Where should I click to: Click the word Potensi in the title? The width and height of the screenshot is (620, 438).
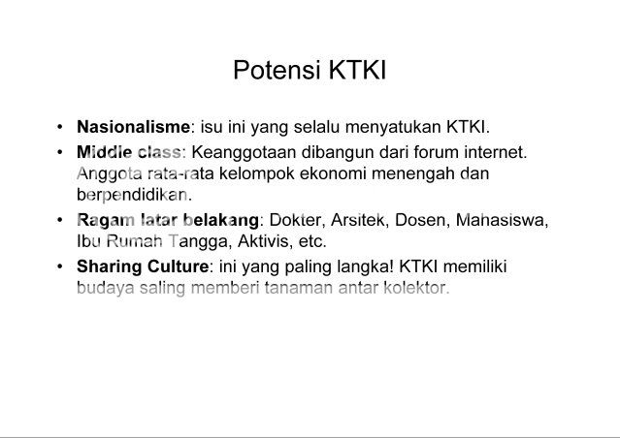[x=277, y=70]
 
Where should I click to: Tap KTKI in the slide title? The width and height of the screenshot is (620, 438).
[x=357, y=70]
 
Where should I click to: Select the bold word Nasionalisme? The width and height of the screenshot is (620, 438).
[x=133, y=127]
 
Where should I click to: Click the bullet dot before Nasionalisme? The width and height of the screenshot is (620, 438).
[x=60, y=127]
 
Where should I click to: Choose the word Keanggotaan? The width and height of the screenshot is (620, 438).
[x=244, y=153]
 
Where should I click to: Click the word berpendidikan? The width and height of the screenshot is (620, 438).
[x=135, y=195]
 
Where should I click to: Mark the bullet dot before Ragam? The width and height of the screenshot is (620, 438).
[x=60, y=220]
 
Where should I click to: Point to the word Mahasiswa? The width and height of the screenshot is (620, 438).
[x=503, y=220]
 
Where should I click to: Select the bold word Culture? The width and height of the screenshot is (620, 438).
[x=178, y=266]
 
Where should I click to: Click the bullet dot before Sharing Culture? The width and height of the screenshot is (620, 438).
[x=60, y=266]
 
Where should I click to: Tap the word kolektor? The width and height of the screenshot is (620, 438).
[x=417, y=288]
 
